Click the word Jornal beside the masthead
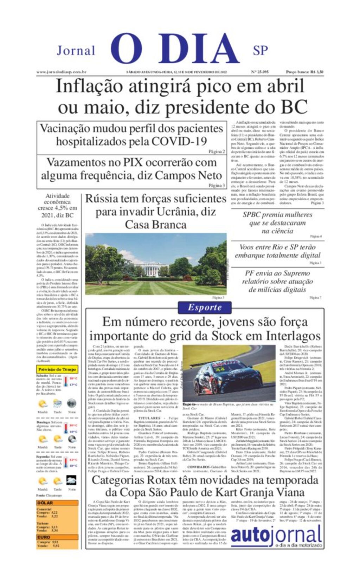pos(76,51)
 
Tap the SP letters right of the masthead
pos(260,51)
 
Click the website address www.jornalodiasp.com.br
pos(62,72)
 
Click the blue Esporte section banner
pos(205,308)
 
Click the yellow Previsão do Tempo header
pos(57,369)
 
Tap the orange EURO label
pos(44,537)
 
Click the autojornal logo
pos(276,536)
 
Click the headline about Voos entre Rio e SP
pos(277,251)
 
